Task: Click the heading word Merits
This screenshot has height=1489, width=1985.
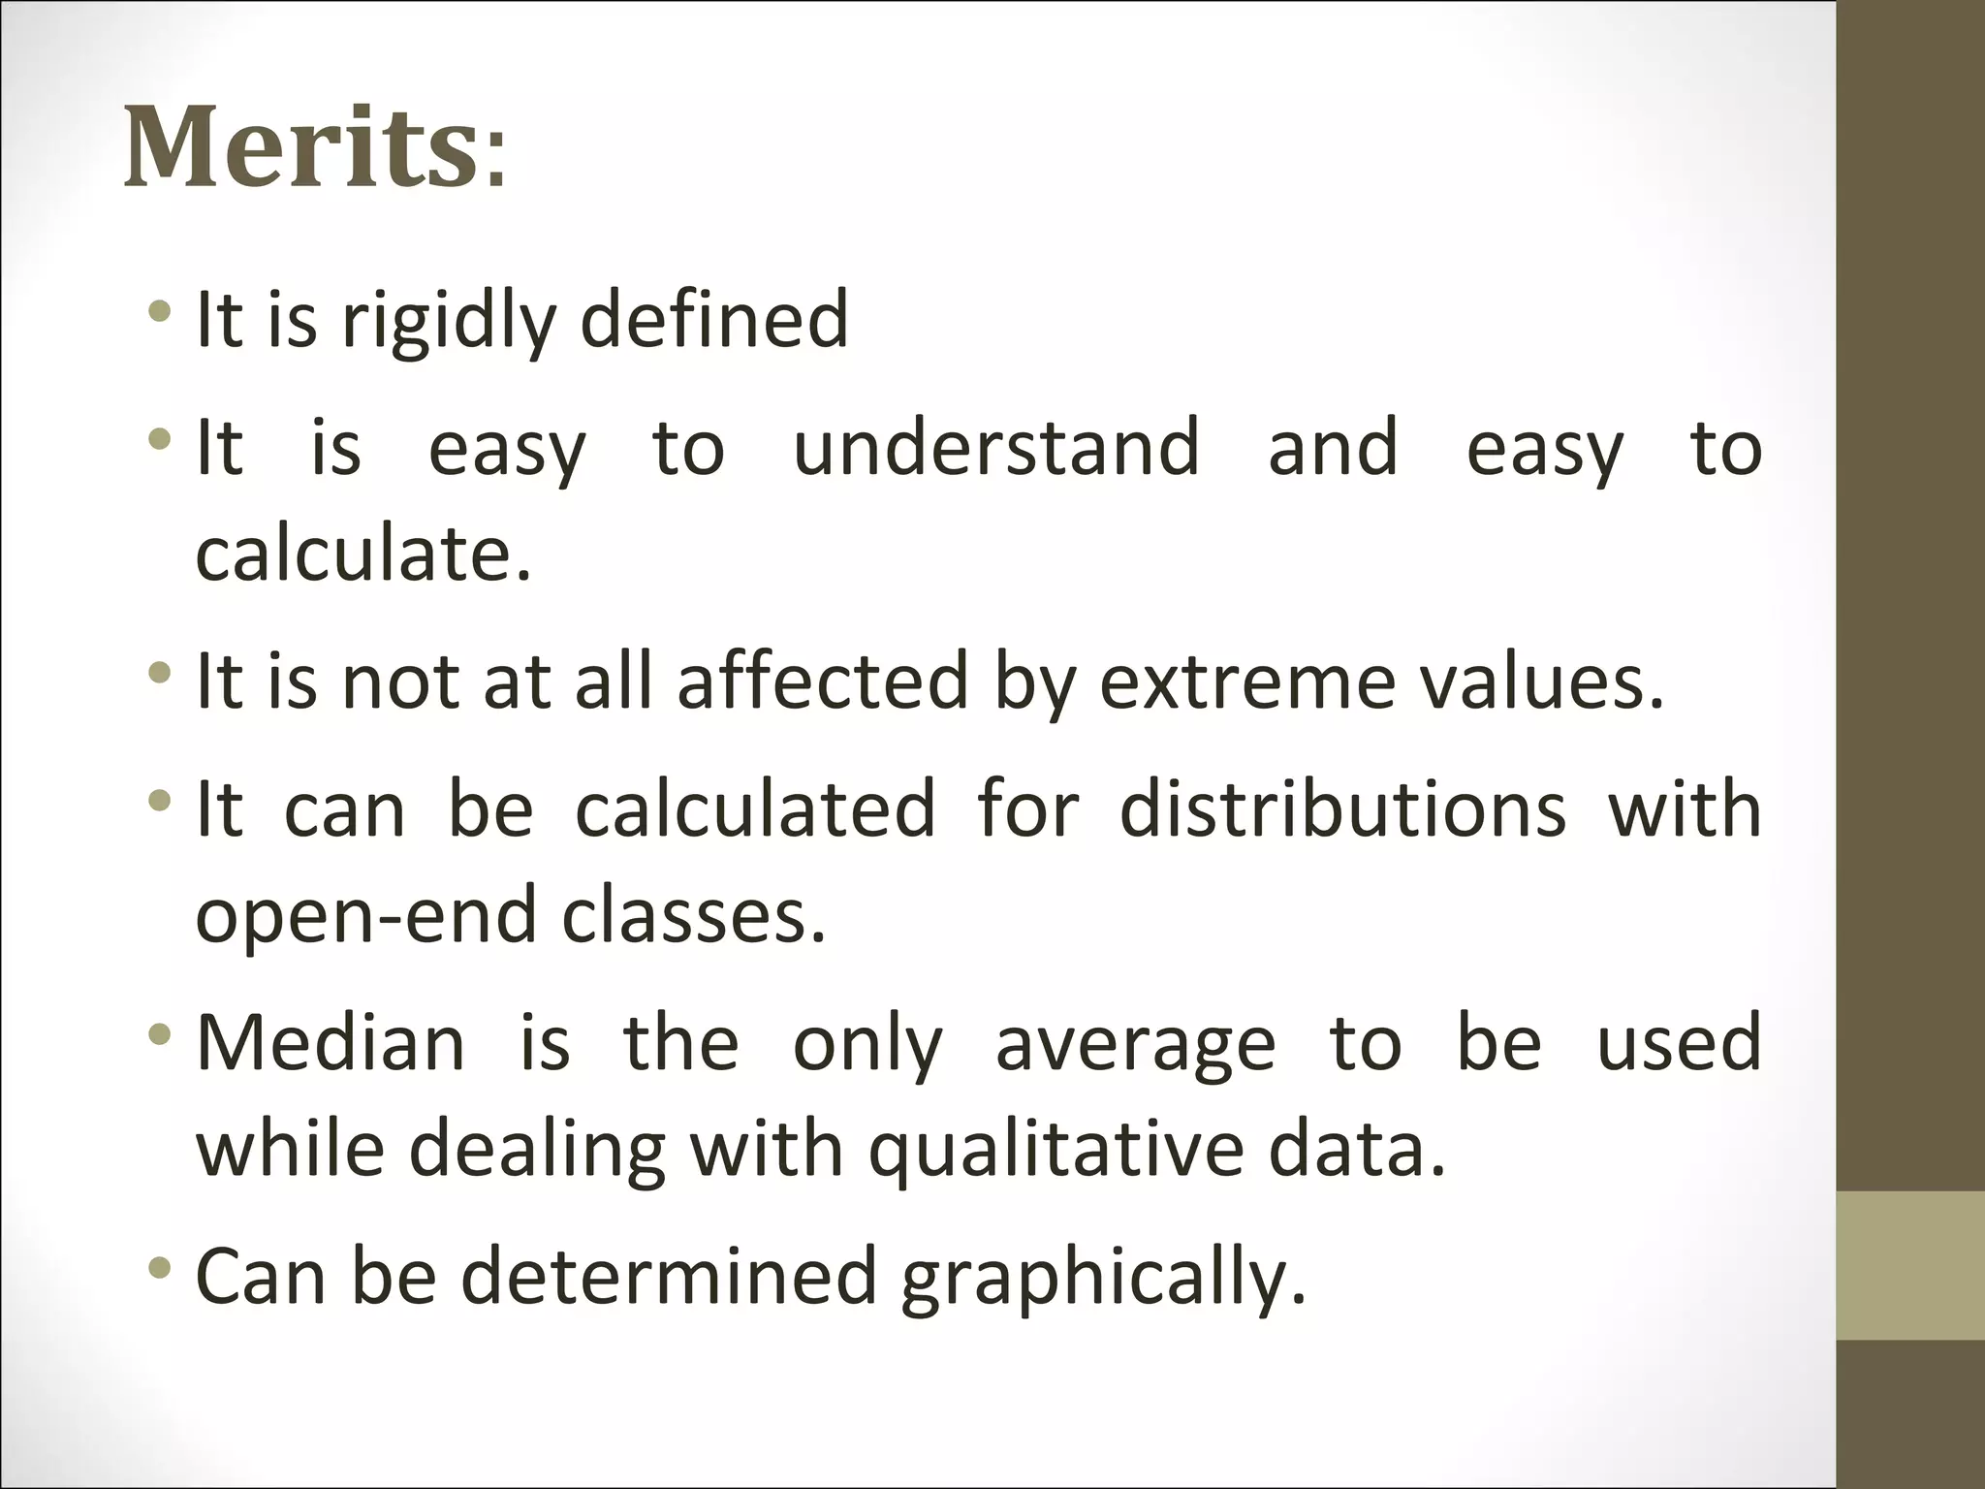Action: coord(300,148)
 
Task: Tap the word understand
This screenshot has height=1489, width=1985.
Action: coord(996,447)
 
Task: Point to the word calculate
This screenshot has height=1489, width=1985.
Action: coord(363,554)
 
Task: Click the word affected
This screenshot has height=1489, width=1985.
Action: coord(823,681)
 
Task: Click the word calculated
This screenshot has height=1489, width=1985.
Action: coord(755,808)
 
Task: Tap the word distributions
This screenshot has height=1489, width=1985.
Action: coord(1342,808)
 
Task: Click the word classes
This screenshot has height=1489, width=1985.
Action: coord(693,916)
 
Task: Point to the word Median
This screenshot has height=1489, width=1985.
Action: coord(331,1043)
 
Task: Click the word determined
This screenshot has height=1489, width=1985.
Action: coord(670,1276)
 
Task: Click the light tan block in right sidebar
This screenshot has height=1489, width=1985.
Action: coord(1910,1265)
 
